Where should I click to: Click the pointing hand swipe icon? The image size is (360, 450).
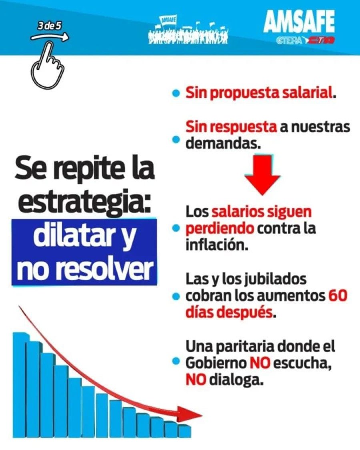pyautogui.click(x=47, y=66)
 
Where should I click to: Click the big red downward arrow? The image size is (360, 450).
pyautogui.click(x=262, y=174)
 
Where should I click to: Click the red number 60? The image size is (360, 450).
pyautogui.click(x=338, y=296)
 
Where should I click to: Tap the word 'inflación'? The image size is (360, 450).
pyautogui.click(x=216, y=244)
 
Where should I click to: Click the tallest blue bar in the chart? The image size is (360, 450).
pyautogui.click(x=21, y=384)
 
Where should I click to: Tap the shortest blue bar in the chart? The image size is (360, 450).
pyautogui.click(x=184, y=431)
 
